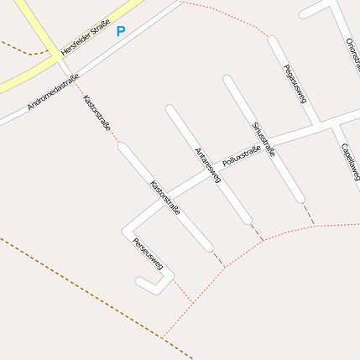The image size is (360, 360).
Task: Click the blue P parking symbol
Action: pos(120,32)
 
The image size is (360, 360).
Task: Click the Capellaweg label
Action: pos(350,160)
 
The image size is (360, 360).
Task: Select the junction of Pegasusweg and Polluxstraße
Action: pos(315,123)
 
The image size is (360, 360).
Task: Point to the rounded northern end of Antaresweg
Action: pos(170,109)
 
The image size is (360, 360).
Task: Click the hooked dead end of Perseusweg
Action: pos(141,282)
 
